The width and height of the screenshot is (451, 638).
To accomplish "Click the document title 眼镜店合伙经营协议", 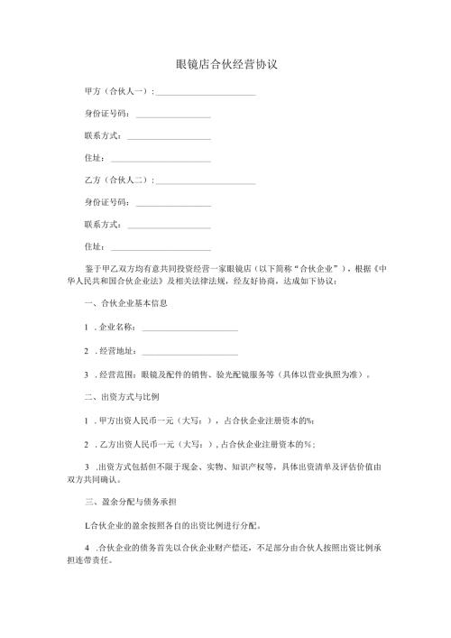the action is (x=225, y=65).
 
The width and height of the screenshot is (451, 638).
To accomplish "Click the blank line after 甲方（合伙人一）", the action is (x=207, y=94).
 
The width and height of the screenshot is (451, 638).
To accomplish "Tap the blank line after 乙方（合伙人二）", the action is (x=207, y=182).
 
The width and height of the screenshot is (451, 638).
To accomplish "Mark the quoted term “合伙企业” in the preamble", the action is (x=313, y=269).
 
